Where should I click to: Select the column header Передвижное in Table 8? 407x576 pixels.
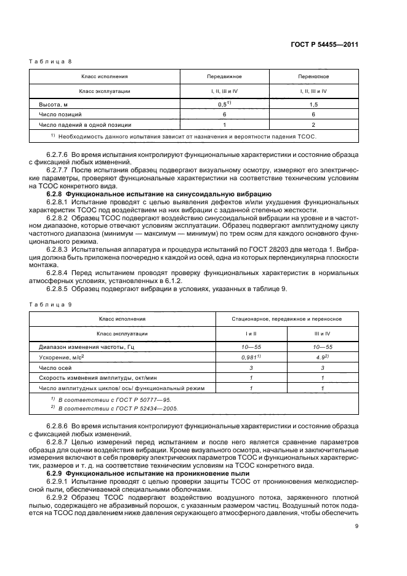[224, 77]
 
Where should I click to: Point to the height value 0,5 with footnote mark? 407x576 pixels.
[224, 104]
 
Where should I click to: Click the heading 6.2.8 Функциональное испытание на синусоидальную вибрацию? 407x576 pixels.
[153, 194]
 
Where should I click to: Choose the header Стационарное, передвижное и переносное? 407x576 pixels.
[286, 319]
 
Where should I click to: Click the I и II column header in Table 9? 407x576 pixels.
[251, 334]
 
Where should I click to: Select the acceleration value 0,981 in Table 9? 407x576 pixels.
[250, 357]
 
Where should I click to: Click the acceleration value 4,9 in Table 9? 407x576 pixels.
[321, 357]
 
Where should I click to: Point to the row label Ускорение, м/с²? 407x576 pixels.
[62, 358]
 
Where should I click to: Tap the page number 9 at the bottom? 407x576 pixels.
[357, 526]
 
